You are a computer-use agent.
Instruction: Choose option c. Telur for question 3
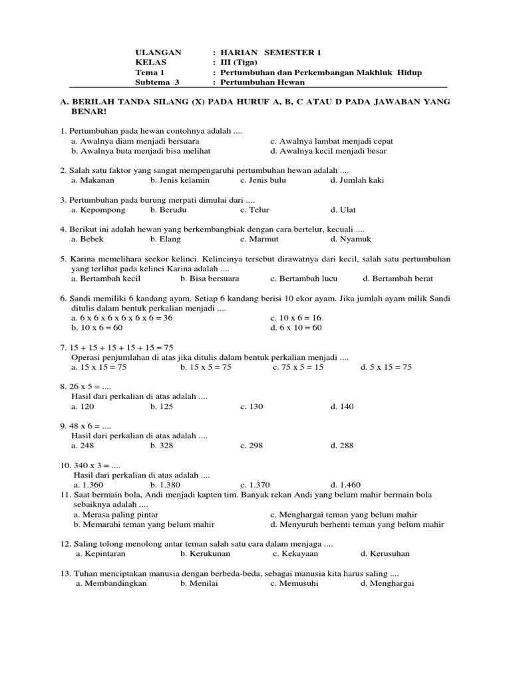tap(255, 209)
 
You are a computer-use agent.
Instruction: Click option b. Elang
tap(165, 239)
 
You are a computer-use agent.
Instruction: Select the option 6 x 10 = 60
tap(296, 328)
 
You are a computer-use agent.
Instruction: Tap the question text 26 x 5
tap(84, 386)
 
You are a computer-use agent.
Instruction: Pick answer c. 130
tap(252, 406)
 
